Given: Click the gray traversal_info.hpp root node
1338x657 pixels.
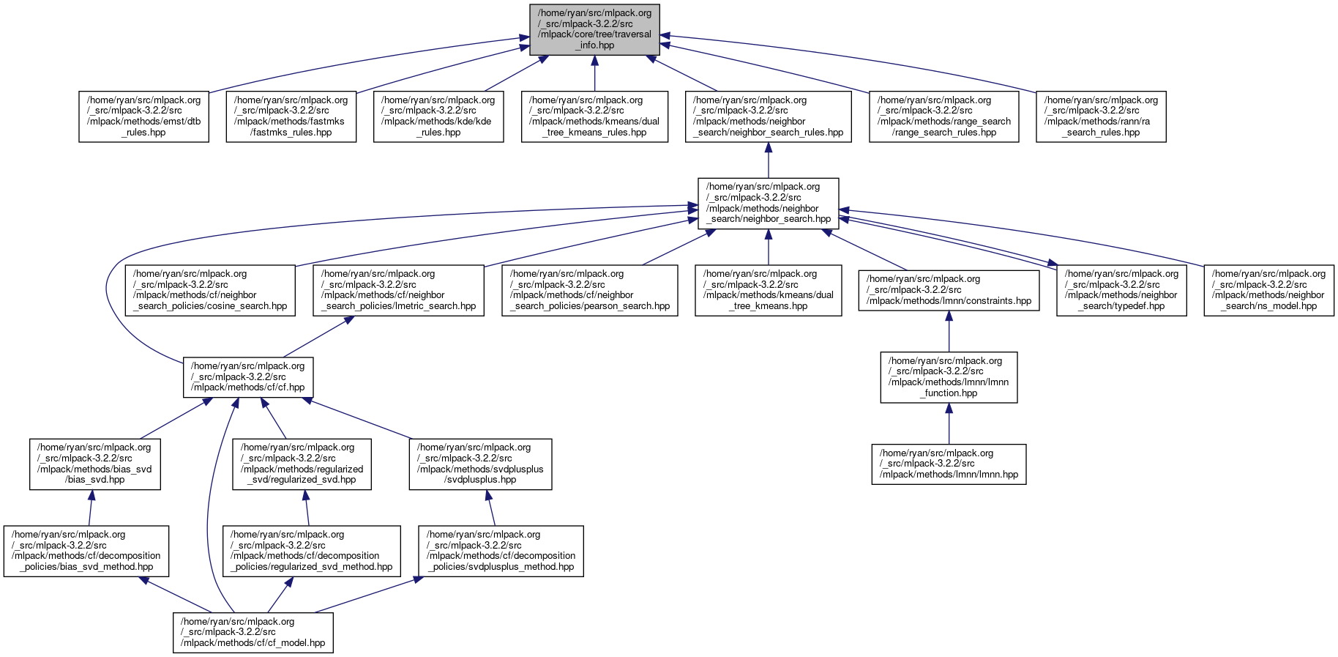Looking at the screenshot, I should click(x=594, y=29).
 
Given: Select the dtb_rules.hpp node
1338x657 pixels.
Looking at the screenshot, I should click(x=143, y=116).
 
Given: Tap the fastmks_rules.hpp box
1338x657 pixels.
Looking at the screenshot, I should click(x=291, y=116).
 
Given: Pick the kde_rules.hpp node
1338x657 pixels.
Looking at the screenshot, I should click(x=438, y=116).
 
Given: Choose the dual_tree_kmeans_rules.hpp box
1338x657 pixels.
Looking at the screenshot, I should click(x=594, y=116).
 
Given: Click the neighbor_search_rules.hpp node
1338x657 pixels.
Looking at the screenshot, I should click(x=768, y=116).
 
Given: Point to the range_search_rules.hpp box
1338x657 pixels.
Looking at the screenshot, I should click(x=943, y=116).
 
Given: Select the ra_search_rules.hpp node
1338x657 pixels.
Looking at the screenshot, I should click(x=1101, y=116).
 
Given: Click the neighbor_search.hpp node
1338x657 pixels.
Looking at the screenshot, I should click(x=768, y=203).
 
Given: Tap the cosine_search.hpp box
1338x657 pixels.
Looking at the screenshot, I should click(x=210, y=290).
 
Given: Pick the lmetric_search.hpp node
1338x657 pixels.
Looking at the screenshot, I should click(x=398, y=290).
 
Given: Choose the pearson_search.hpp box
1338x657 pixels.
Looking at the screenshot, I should click(x=590, y=290).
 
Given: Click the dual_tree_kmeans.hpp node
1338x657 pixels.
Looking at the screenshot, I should click(x=768, y=290).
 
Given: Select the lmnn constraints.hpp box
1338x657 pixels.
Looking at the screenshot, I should click(x=949, y=290).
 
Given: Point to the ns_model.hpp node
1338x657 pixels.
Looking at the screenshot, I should click(x=1268, y=290).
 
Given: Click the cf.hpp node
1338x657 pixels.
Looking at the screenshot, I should click(x=248, y=377).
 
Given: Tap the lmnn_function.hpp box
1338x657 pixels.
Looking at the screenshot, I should click(x=949, y=377).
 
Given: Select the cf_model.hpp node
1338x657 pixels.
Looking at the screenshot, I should click(x=253, y=632).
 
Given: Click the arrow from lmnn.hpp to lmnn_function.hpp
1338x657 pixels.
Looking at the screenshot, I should click(x=949, y=423).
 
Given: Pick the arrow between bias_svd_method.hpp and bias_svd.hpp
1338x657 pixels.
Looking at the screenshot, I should click(x=91, y=508).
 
